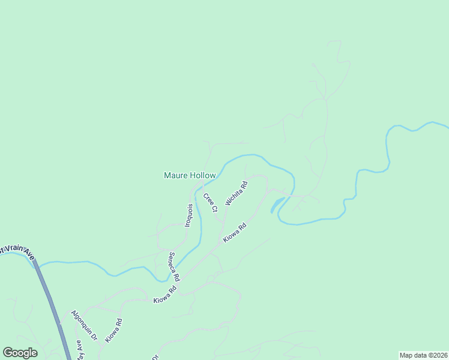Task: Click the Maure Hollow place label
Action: click(189, 176)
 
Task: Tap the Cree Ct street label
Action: click(209, 202)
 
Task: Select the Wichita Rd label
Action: click(237, 193)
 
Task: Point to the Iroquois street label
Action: click(188, 215)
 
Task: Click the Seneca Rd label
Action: click(173, 267)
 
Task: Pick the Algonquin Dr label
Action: click(84, 326)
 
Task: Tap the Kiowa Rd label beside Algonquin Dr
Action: click(113, 330)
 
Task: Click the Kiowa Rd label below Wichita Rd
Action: click(235, 233)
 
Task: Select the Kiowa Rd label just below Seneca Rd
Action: click(164, 293)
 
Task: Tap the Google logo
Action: click(20, 353)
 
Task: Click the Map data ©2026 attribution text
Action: click(423, 355)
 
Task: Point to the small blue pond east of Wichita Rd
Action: click(277, 203)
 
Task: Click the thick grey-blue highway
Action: click(50, 299)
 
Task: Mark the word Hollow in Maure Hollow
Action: click(202, 176)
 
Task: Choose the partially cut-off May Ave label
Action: click(79, 350)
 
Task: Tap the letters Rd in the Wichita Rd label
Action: click(243, 184)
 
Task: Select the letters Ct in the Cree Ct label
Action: click(213, 208)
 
